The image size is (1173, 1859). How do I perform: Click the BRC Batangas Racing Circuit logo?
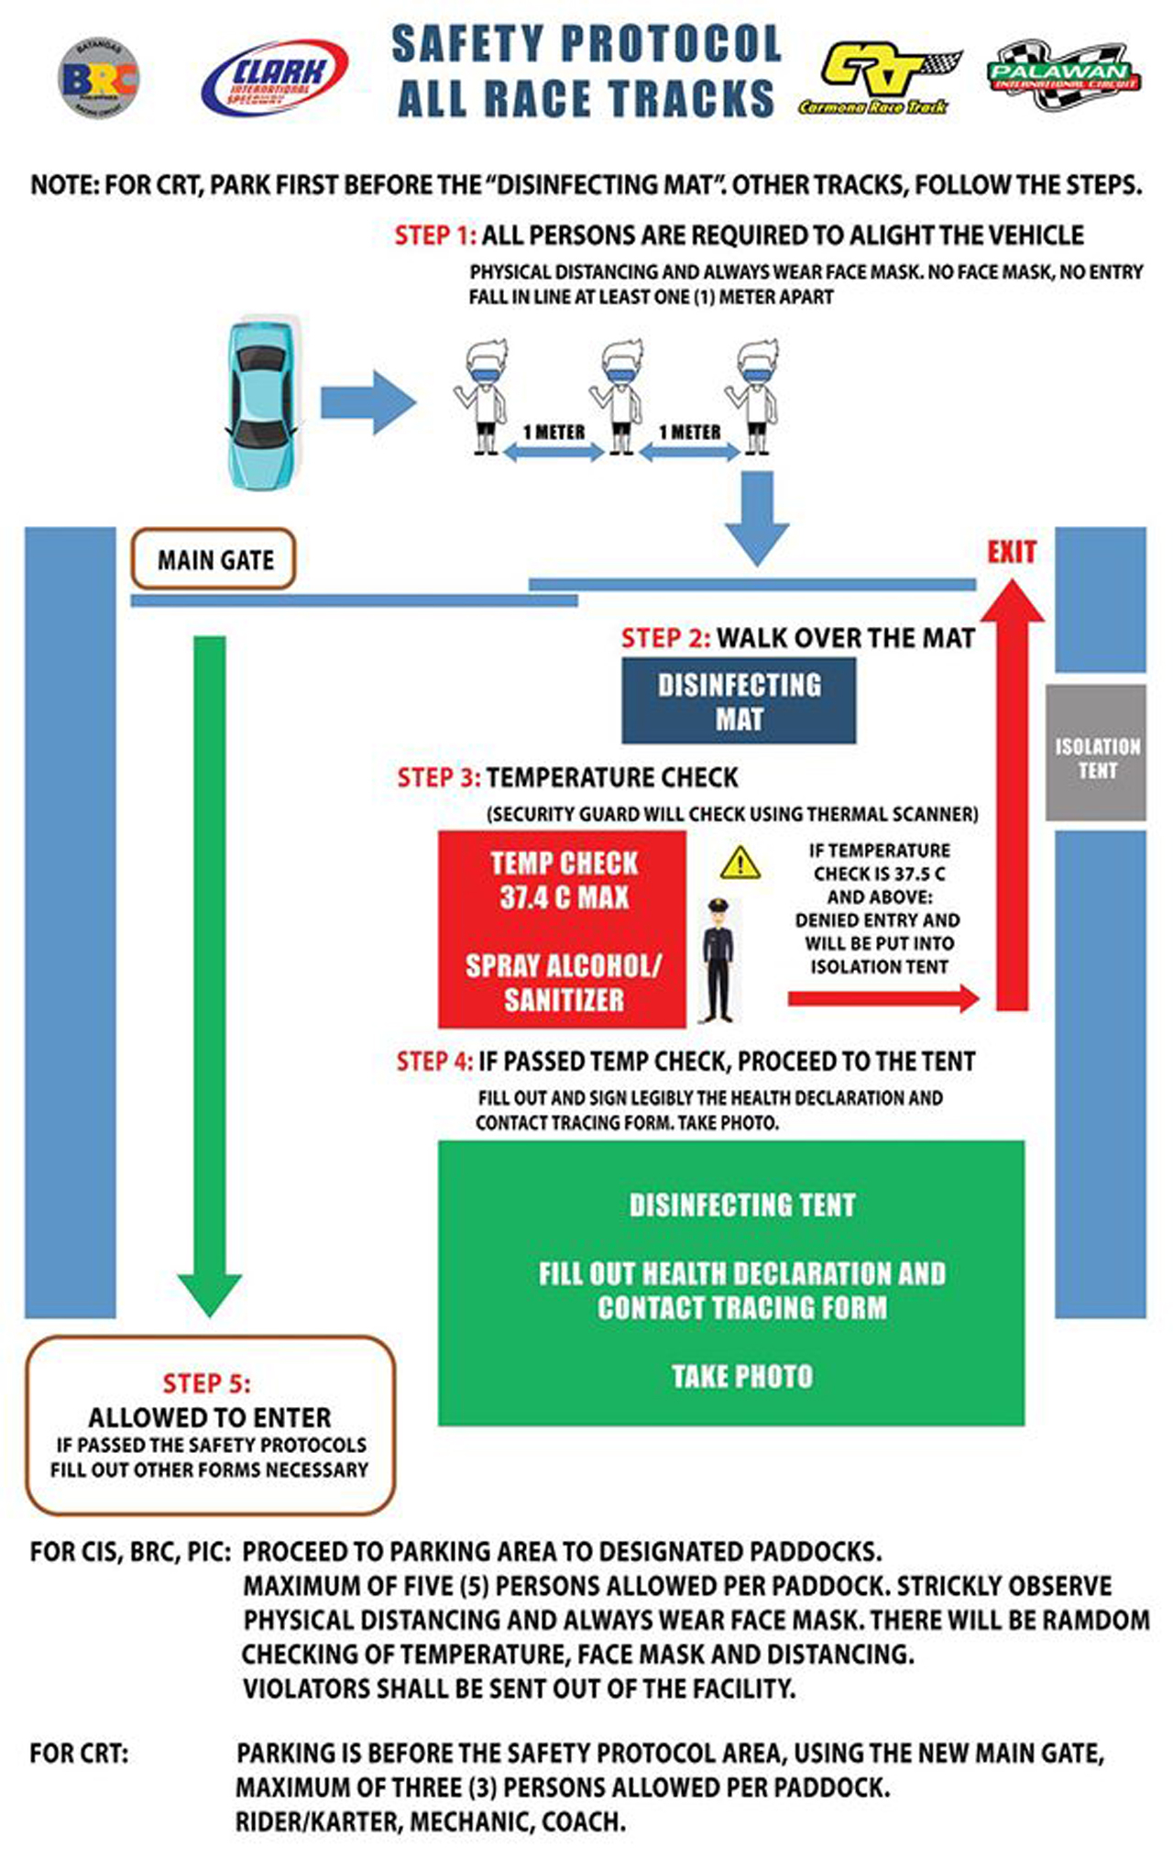98,78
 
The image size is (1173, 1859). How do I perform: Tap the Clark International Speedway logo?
274,78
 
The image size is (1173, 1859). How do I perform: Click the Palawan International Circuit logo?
1063,75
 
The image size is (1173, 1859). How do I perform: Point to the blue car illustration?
263,403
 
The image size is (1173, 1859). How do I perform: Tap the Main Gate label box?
214,559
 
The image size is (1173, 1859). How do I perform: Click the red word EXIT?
1011,552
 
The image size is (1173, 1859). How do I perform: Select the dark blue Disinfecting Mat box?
739,702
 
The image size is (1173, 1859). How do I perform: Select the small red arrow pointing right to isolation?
882,998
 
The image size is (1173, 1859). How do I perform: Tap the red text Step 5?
206,1383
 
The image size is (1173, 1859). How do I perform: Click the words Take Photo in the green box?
741,1376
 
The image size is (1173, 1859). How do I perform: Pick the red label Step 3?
438,778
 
